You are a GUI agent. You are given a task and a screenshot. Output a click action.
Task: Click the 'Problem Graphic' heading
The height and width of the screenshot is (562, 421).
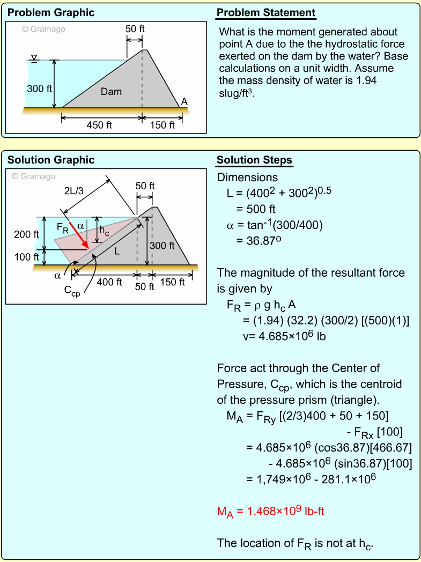50,13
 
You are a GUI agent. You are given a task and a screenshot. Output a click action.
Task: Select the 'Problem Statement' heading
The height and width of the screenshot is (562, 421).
266,13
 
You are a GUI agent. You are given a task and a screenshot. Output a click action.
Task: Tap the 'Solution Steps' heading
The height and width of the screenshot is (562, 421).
254,160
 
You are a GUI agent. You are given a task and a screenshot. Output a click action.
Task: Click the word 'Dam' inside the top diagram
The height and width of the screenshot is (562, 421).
111,92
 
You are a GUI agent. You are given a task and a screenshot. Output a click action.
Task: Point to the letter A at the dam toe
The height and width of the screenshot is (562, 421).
184,101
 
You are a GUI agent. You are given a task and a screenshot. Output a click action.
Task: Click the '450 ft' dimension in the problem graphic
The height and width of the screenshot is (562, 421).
99,125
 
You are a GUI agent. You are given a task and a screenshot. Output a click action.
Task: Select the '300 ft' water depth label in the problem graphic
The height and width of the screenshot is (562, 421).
39,88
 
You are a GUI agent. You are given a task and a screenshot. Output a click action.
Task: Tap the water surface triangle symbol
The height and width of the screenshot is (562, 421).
35,57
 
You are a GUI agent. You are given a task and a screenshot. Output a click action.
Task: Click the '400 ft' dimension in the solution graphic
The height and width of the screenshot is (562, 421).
109,282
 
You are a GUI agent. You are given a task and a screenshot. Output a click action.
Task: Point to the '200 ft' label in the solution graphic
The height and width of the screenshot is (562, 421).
26,234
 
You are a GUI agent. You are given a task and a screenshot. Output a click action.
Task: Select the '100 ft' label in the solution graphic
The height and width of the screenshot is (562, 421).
26,257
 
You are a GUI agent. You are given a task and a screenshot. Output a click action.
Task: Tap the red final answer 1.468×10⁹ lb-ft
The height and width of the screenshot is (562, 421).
270,512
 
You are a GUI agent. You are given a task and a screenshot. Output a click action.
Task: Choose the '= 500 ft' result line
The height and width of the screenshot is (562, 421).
256,209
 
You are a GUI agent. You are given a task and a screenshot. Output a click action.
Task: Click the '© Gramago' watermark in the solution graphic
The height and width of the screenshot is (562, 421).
34,176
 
